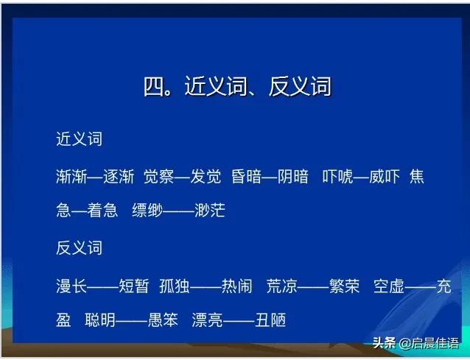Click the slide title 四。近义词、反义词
237,87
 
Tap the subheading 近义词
79,139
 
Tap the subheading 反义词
79,248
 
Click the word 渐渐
71,177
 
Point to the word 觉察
159,177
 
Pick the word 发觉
206,177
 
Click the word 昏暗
246,177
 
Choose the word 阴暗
293,177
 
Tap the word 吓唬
337,177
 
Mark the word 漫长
71,286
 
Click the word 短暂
133,286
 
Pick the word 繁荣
343,286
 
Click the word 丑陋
269,320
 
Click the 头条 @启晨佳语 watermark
415,344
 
